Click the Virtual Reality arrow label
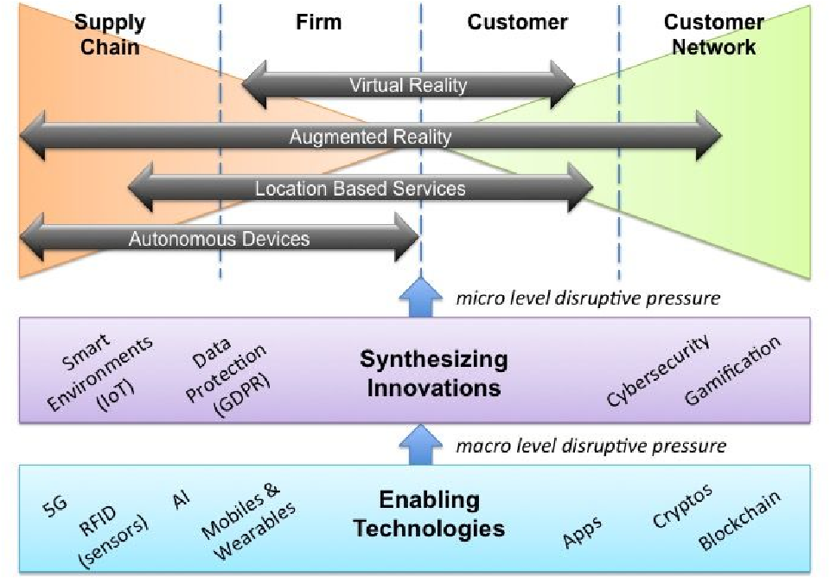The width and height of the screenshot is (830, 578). pyautogui.click(x=408, y=85)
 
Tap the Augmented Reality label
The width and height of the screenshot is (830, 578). pyautogui.click(x=370, y=137)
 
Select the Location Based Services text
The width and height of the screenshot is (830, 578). pyautogui.click(x=360, y=188)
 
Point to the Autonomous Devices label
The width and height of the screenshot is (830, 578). pyautogui.click(x=219, y=238)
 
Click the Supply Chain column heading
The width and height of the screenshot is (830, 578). pyautogui.click(x=110, y=34)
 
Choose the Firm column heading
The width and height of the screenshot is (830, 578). pyautogui.click(x=319, y=22)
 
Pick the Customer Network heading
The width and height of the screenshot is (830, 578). pyautogui.click(x=713, y=34)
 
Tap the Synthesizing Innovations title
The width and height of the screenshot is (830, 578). pyautogui.click(x=433, y=373)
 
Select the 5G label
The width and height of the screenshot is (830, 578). pyautogui.click(x=54, y=505)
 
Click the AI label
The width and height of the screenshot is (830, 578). pyautogui.click(x=182, y=499)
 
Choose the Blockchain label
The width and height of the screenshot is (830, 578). pyautogui.click(x=740, y=520)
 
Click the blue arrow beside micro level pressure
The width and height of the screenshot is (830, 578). pyautogui.click(x=421, y=298)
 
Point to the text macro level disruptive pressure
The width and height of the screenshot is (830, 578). pyautogui.click(x=591, y=446)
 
